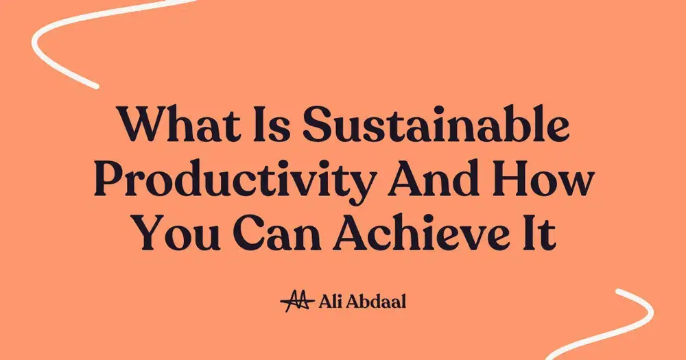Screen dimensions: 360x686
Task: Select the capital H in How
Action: (x=520, y=180)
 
